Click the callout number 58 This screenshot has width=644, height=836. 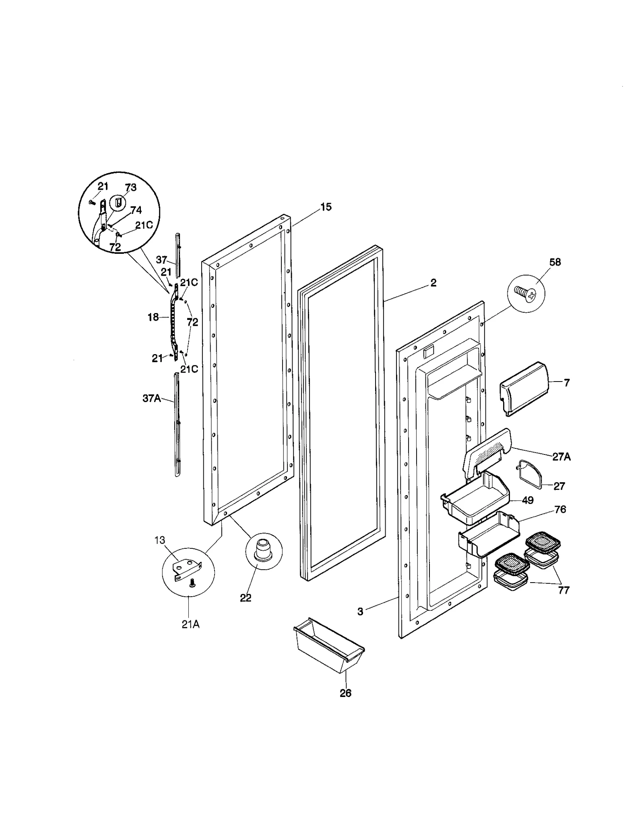pos(555,262)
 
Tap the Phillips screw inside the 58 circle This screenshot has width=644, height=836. pos(525,291)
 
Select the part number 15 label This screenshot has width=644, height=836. pos(326,207)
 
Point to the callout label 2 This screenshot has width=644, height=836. pos(433,283)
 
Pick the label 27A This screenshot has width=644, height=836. pos(561,456)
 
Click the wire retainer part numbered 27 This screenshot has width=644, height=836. pos(529,473)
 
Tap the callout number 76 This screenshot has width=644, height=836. pos(560,509)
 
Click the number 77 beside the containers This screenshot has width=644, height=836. pos(563,590)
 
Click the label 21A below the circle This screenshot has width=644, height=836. pos(190,624)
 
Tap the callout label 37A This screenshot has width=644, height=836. pos(151,398)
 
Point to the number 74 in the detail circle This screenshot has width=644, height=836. pos(136,210)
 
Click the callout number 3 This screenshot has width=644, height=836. pos(360,612)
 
